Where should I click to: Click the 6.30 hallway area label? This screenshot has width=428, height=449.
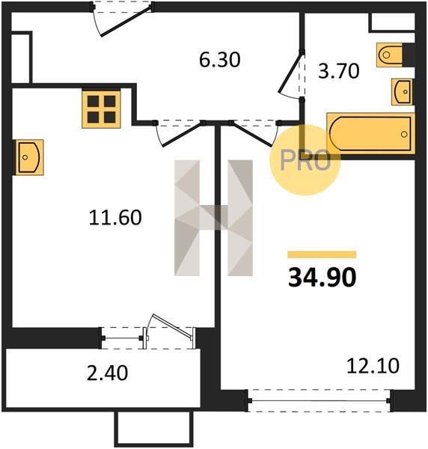coord(219,60)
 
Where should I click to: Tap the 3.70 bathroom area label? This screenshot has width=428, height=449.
coord(339,71)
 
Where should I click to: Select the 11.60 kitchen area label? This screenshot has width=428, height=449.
coord(115,217)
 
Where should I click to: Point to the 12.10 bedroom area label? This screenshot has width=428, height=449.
coord(373,366)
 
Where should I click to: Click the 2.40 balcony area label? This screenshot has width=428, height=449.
coord(107,373)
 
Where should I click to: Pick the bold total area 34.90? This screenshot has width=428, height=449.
coord(322,277)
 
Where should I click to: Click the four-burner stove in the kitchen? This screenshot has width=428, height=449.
coord(101,109)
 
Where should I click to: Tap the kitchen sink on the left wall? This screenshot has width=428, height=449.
coord(28,157)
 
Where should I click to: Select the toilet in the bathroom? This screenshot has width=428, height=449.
coord(391,55)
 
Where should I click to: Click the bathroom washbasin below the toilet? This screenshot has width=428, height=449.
coord(403,91)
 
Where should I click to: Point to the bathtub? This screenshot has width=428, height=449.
coord(370,133)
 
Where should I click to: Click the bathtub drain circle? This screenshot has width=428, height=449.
coord(404,134)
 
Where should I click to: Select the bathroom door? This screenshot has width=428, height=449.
coord(291,74)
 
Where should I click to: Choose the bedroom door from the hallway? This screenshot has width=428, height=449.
coord(253,134)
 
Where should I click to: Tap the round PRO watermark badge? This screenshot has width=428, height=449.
coord(305,160)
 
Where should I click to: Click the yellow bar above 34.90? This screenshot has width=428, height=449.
coord(322,254)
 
